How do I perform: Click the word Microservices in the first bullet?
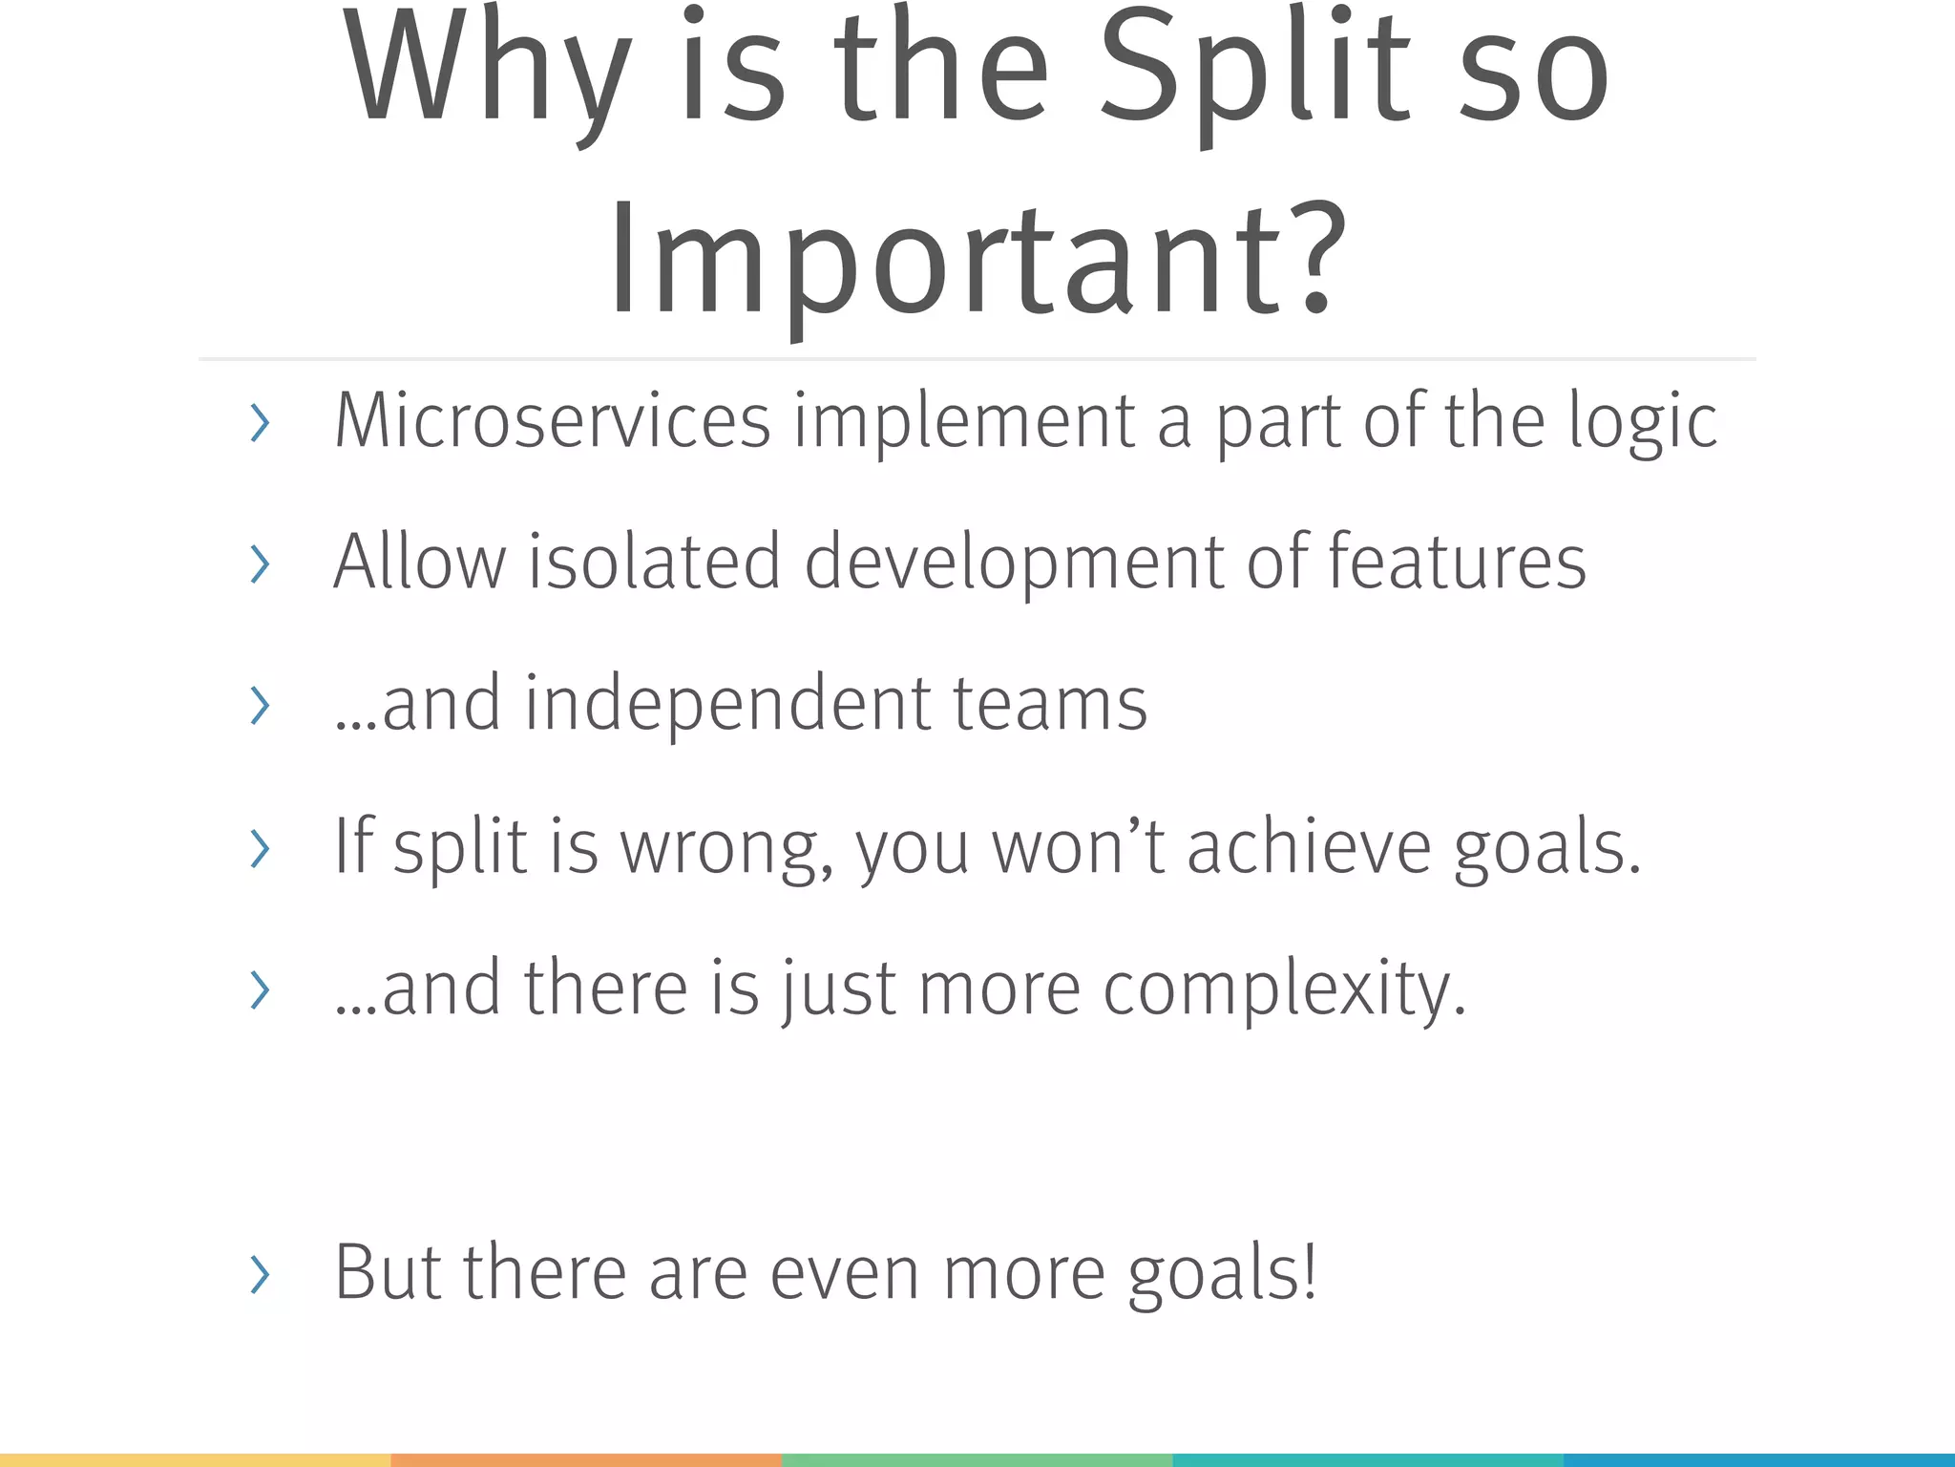552,421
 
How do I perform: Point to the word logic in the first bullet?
1642,421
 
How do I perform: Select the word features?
1457,562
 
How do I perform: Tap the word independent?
727,704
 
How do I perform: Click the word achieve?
1309,846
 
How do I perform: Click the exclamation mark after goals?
1310,1272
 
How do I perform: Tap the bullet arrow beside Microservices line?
259,423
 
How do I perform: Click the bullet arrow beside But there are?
259,1275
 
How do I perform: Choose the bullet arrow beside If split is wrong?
259,848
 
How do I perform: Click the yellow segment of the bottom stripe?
195,1459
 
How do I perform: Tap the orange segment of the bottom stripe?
586,1459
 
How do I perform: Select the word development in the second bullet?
1014,562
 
